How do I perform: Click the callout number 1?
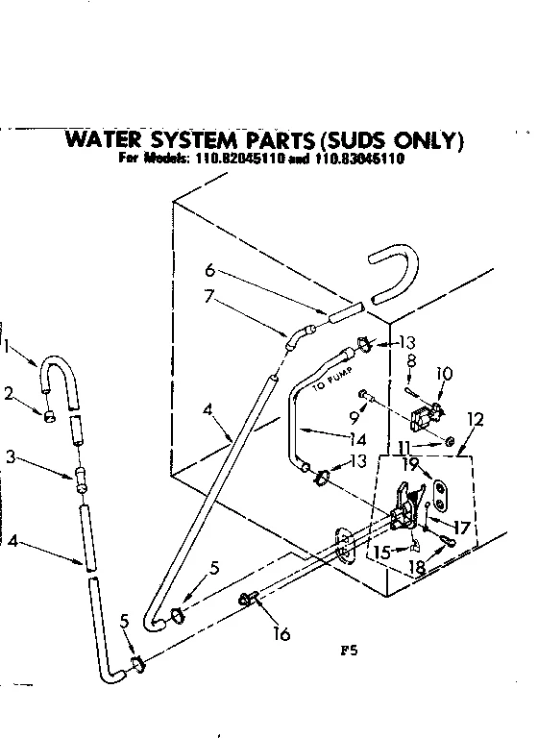coord(9,347)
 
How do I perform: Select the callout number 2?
coord(9,392)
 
